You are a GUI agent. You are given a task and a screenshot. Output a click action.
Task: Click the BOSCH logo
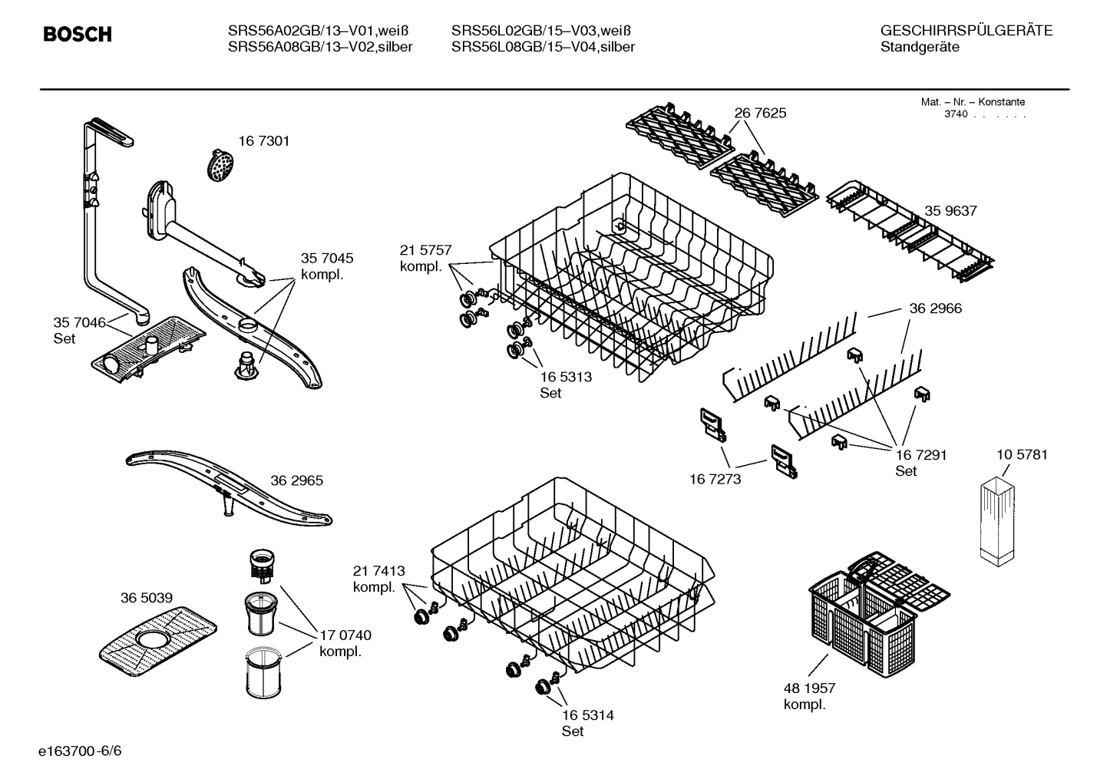coord(77,35)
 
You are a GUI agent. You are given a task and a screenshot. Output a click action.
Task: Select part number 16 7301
coord(263,141)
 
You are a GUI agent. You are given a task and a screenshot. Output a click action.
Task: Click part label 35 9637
coord(950,211)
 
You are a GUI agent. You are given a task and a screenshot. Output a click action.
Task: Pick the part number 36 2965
coord(296,481)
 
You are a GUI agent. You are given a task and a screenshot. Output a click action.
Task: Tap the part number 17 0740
coord(345,635)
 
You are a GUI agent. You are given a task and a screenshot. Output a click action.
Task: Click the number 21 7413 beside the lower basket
coord(378,571)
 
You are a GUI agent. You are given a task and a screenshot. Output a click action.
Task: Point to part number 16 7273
coord(715,480)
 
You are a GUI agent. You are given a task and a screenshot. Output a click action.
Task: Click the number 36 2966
coord(935,309)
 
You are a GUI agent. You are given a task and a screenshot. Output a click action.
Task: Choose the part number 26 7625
coord(760,113)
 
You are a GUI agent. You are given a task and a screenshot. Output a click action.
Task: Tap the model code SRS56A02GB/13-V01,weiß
coord(318,31)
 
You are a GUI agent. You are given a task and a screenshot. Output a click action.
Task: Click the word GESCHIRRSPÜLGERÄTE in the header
coord(966,31)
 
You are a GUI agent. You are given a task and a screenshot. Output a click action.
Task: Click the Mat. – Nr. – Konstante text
coord(973,102)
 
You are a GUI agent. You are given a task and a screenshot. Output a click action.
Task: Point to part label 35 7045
coord(327,259)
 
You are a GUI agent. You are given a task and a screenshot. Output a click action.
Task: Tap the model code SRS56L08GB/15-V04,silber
coord(543,47)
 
